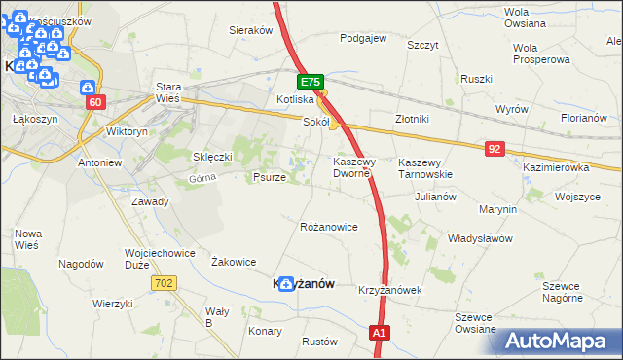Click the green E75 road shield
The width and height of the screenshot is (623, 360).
pos(310,83)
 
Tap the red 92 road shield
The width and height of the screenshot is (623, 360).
pos(495,148)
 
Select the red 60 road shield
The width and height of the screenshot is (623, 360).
pos(94,102)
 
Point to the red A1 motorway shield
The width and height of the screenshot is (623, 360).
pos(381,334)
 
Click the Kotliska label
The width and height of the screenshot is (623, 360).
pos(295,99)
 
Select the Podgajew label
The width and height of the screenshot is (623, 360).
pos(363,39)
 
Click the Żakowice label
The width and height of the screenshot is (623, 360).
pos(234,261)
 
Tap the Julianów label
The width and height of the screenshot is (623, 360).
pos(435,196)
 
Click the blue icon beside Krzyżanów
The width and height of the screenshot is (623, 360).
pos(285,284)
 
